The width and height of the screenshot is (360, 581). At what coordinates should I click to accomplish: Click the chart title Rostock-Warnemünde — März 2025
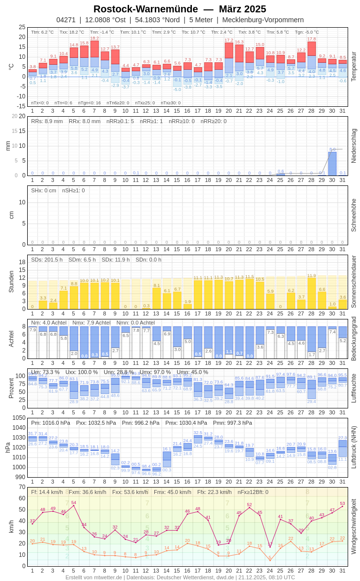[180, 9]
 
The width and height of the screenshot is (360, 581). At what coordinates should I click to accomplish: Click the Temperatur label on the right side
[354, 67]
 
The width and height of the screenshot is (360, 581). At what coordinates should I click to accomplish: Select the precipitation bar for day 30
[332, 164]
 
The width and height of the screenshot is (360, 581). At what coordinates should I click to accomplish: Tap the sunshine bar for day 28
[312, 293]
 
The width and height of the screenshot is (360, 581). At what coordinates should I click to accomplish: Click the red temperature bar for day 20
[228, 50]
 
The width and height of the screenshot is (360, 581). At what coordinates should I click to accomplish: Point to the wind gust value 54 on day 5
[74, 502]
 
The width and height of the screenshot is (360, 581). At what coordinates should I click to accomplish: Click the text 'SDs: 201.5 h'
[47, 260]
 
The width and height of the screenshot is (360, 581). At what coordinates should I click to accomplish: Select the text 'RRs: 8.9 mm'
[47, 121]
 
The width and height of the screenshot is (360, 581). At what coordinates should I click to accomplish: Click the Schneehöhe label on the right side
[354, 215]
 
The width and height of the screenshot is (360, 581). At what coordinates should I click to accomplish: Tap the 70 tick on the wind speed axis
[22, 487]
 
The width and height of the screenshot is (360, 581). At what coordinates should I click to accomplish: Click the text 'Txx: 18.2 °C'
[72, 32]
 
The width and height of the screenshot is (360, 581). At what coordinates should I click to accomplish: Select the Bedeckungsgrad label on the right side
[354, 339]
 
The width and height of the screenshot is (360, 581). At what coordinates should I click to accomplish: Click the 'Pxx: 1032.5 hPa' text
[96, 423]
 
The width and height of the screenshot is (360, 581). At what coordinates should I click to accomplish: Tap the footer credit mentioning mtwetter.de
[180, 577]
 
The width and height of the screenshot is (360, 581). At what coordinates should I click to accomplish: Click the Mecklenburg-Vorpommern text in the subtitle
[263, 20]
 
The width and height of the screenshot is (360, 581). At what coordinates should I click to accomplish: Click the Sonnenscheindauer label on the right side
[354, 281]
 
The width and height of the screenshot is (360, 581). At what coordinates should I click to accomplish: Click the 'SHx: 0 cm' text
[44, 190]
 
